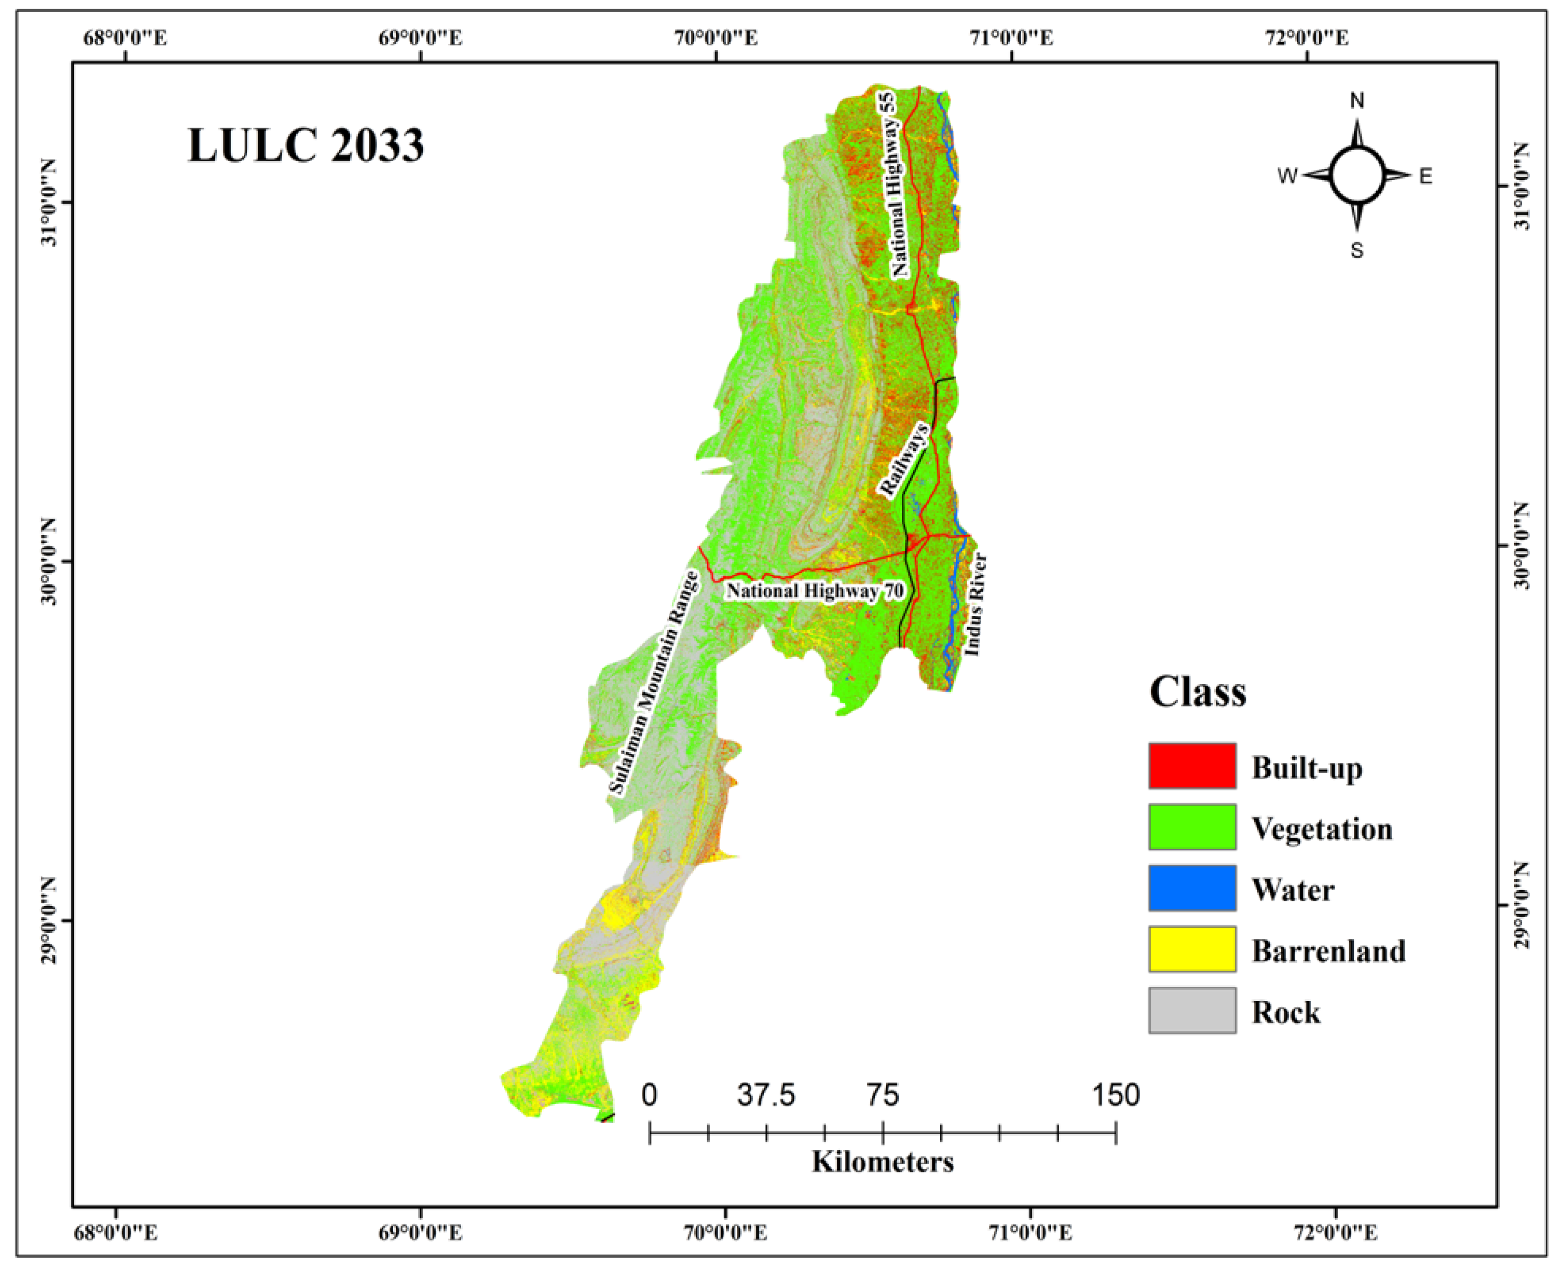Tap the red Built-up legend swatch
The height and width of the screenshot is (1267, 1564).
1191,765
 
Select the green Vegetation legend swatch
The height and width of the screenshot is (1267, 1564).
1191,827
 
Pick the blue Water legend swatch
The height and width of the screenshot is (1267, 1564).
1191,888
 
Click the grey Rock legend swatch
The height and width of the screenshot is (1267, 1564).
1191,1010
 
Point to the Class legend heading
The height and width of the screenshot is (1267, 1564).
1198,691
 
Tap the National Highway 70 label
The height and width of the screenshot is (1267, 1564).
814,591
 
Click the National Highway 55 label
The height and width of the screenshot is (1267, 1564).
899,185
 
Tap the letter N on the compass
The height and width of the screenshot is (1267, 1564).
1357,101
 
